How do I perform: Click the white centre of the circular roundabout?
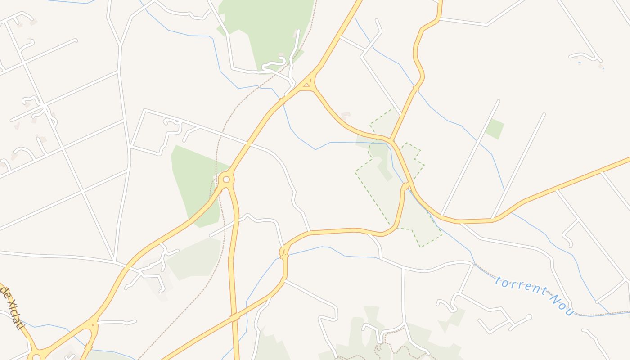226,180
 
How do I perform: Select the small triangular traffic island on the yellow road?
308,84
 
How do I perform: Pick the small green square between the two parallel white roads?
495,129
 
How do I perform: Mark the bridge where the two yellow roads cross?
234,317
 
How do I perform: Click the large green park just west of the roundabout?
193,180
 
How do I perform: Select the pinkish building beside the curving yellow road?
346,116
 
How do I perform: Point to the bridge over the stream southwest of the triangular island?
282,100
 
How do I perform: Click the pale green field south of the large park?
196,259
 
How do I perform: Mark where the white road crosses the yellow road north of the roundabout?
247,145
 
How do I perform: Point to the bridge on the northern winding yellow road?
415,89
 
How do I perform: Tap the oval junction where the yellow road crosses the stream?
283,253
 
